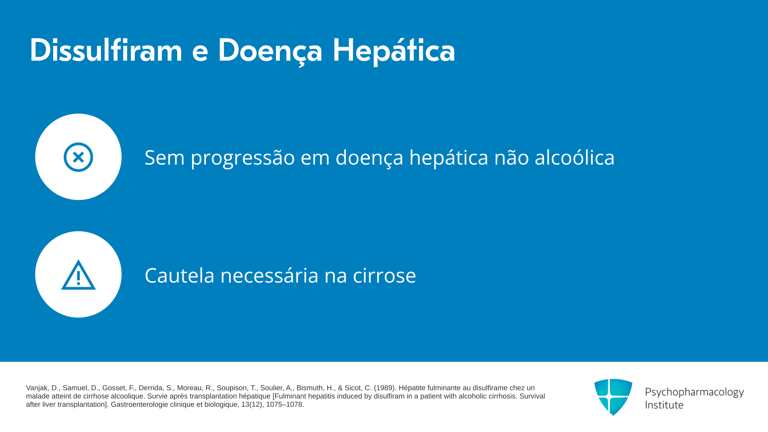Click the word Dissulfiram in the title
[106, 50]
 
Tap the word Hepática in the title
[394, 51]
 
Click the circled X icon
[78, 157]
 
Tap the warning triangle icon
[78, 275]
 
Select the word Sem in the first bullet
[165, 157]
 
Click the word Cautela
[180, 275]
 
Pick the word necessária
[270, 275]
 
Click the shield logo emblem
[613, 397]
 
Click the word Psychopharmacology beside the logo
[694, 392]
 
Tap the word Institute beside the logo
[664, 405]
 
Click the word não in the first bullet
[512, 157]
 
